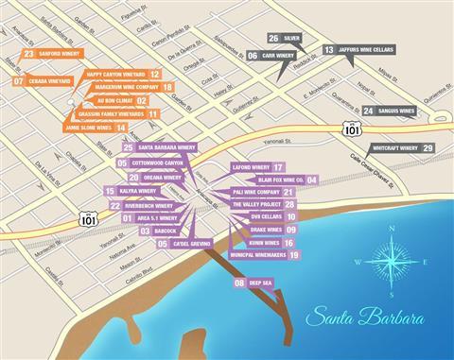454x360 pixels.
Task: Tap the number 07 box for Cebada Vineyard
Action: tap(19, 81)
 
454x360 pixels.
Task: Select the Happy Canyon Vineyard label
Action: tap(115, 74)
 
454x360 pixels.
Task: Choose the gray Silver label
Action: tap(292, 39)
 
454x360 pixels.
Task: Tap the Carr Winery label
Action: tap(278, 56)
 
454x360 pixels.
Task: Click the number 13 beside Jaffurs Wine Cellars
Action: tap(328, 49)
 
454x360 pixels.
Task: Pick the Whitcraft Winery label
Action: tap(395, 148)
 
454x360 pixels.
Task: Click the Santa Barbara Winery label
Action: tap(166, 148)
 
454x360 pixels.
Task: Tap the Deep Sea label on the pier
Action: tap(260, 283)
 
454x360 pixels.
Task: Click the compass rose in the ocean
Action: tap(390, 262)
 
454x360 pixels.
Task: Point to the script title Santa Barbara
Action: tap(364, 316)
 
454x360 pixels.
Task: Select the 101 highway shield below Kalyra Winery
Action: tap(90, 218)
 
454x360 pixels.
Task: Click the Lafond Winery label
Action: tap(251, 167)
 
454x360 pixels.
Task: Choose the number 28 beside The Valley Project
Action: tap(289, 204)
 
